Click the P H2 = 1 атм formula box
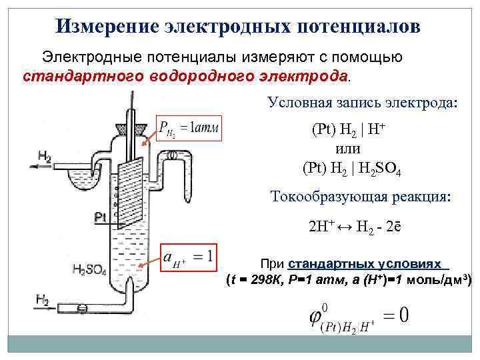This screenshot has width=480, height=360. (x=189, y=126)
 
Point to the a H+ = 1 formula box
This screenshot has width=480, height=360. (x=190, y=257)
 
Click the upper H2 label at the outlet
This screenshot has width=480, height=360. (x=45, y=156)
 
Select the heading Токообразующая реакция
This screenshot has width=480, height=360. (x=361, y=197)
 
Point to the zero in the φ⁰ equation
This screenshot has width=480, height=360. (x=403, y=314)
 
